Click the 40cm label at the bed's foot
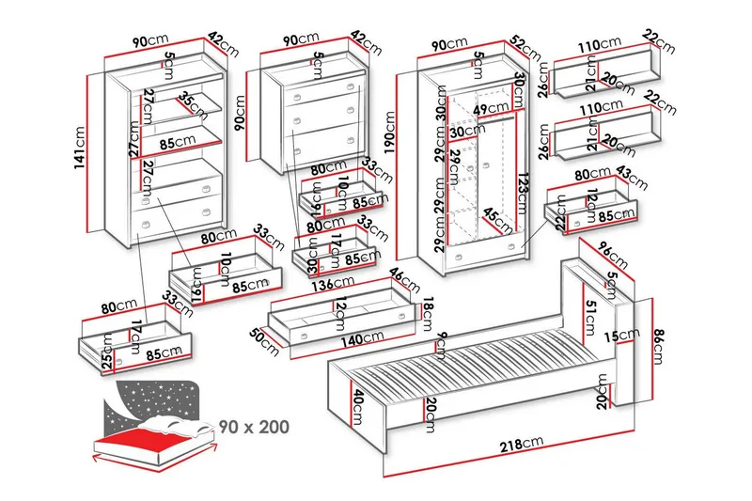tap(356, 406)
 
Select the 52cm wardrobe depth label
tap(525, 48)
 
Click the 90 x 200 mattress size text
tap(252, 426)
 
